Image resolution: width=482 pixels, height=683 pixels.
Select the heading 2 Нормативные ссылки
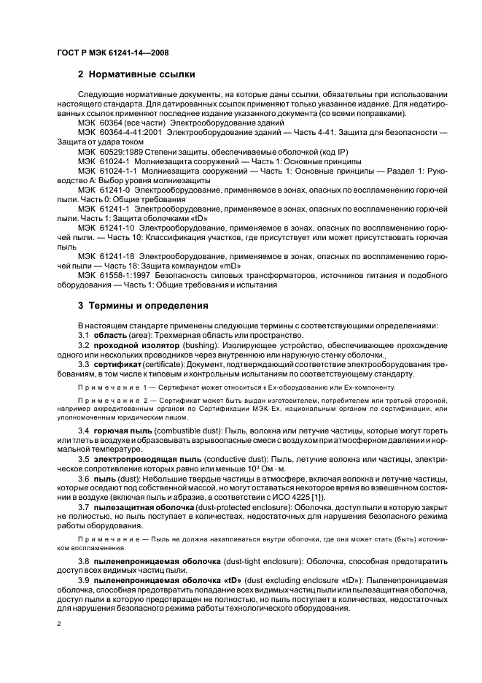tap(136, 74)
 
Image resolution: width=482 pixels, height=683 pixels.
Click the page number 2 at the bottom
tap(59, 624)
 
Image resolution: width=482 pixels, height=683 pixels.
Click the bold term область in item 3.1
tap(110, 334)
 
